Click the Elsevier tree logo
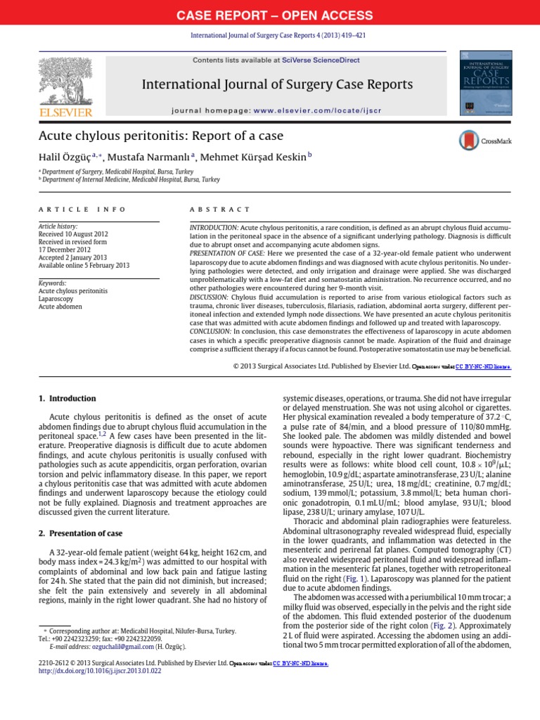click(65, 83)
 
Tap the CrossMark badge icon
click(469, 141)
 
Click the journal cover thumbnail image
click(484, 82)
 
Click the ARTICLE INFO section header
click(82, 210)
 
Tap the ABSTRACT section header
click(219, 210)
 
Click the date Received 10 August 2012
click(73, 233)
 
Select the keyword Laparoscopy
click(56, 299)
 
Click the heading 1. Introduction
click(67, 399)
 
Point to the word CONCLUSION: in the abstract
click(212, 330)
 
